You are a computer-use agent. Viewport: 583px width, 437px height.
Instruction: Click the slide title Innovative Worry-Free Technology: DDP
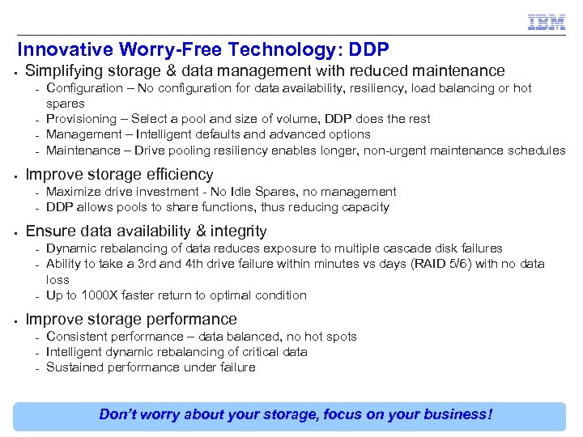[x=202, y=49]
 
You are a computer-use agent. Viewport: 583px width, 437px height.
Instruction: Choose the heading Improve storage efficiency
[x=119, y=174]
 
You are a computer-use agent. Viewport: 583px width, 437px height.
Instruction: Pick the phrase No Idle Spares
[x=247, y=192]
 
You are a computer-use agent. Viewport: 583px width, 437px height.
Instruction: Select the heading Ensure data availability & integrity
[x=146, y=231]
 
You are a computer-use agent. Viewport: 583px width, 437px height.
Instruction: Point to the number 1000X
[x=100, y=295]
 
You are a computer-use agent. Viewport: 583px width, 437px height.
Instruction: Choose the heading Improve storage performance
[x=131, y=319]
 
